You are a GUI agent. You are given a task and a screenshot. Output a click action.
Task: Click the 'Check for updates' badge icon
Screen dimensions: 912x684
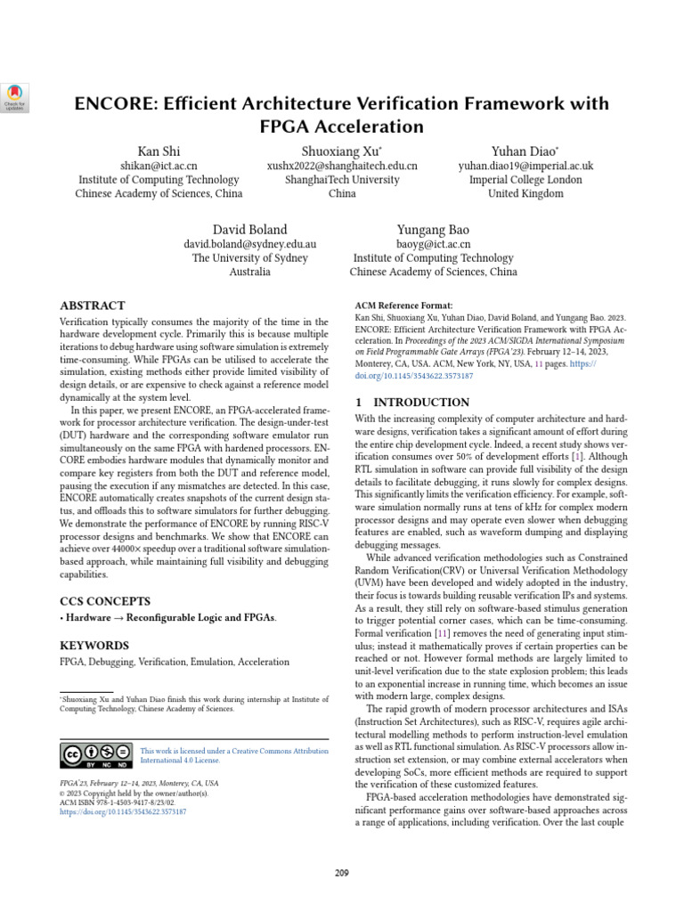(x=17, y=95)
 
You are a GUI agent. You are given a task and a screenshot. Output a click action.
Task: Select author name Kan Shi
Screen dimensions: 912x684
(x=159, y=151)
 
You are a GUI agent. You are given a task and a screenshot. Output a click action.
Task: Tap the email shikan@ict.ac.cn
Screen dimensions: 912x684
(x=159, y=166)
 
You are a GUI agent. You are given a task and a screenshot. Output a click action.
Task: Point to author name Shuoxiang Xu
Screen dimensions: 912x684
(x=341, y=151)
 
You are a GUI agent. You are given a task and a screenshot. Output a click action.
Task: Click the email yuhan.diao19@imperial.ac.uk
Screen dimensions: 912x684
(x=525, y=166)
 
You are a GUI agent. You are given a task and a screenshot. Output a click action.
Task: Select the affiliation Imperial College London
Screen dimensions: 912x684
(x=525, y=179)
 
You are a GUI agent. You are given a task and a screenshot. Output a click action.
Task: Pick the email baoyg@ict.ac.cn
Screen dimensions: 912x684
(x=433, y=244)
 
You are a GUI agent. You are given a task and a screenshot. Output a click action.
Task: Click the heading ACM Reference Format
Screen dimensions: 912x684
(x=403, y=305)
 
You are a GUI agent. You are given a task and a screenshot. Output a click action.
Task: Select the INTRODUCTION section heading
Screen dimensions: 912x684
(x=419, y=403)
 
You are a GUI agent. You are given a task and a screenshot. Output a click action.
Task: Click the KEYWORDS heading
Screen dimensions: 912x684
(x=94, y=645)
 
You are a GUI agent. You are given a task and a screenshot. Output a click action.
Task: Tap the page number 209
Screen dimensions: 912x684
(x=341, y=872)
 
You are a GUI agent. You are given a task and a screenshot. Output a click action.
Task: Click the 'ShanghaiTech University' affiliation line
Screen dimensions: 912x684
(x=341, y=179)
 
